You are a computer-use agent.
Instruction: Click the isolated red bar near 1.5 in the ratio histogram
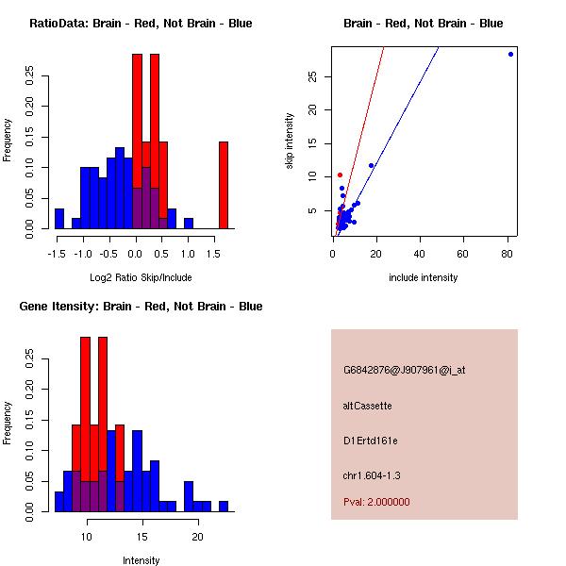click(224, 185)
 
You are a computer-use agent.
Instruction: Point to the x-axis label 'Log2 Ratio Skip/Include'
click(140, 277)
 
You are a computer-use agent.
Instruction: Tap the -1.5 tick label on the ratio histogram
click(58, 254)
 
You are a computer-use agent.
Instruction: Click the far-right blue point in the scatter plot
click(510, 54)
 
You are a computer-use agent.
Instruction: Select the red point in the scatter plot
click(340, 175)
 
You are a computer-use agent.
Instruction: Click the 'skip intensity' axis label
click(291, 141)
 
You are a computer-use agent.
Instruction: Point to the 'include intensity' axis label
click(423, 277)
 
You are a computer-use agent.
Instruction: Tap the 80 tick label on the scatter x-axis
click(507, 254)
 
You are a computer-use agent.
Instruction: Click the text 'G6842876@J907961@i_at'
click(404, 370)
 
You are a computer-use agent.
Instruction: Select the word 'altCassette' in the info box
click(367, 406)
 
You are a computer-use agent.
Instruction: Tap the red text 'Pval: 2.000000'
click(376, 502)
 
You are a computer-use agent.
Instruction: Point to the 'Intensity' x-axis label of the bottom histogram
click(141, 560)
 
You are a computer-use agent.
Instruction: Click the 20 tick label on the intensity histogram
click(197, 537)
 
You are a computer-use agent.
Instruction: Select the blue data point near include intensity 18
click(371, 165)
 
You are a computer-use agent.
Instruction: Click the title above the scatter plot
click(423, 24)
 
